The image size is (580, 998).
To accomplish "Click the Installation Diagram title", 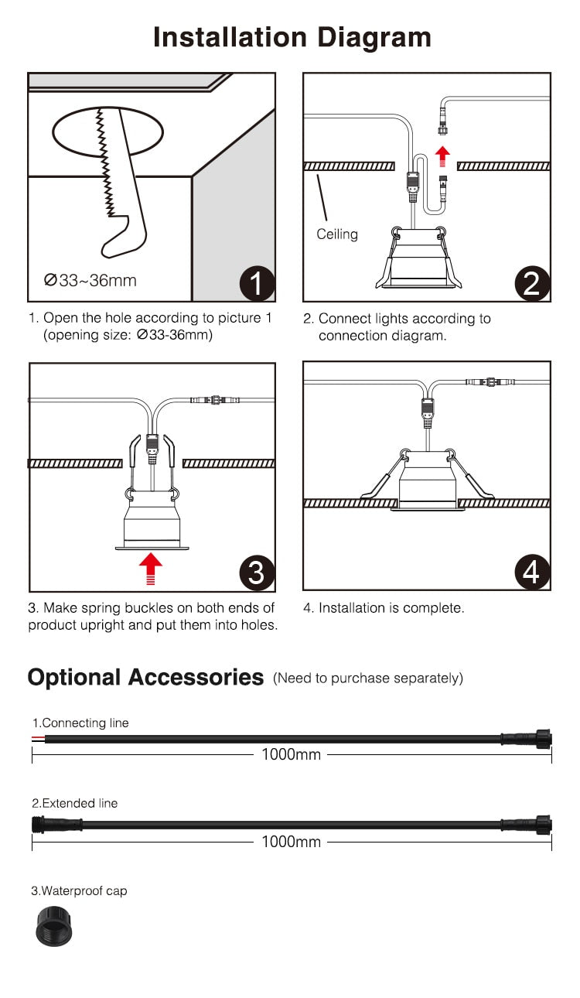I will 292,37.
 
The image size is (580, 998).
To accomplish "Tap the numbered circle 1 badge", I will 256,284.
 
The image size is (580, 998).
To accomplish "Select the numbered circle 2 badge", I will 531,284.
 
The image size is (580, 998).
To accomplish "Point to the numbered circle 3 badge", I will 256,572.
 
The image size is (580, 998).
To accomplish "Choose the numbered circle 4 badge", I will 531,572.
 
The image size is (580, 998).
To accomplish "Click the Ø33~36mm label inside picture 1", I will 90,280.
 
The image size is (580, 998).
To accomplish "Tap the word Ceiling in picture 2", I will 337,234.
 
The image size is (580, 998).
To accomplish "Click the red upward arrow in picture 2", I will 442,154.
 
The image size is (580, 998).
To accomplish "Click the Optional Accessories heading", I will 145,677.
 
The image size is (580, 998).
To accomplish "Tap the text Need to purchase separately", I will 368,678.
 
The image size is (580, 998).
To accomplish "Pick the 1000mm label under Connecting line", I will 291,754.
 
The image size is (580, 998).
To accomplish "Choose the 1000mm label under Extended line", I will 291,842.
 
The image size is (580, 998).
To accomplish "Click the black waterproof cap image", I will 53,928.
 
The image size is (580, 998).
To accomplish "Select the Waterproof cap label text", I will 79,891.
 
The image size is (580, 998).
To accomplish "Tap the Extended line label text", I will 75,804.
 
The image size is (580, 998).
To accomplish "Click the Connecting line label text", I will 80,723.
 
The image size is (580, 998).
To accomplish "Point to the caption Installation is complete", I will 384,608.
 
